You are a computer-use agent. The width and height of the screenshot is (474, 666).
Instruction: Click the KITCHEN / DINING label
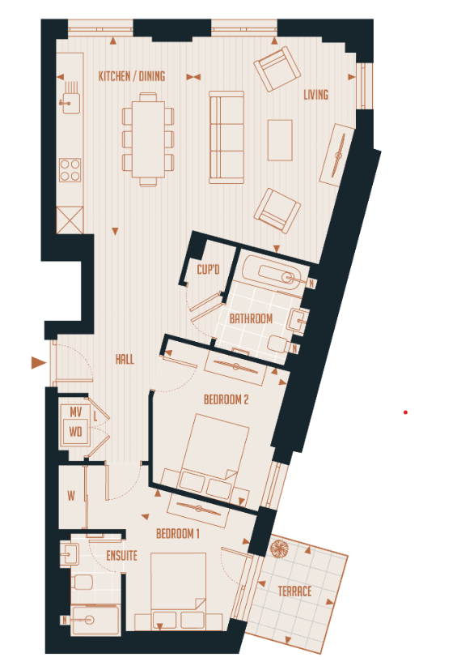click(x=131, y=76)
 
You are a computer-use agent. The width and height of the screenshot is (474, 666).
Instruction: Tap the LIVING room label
click(x=315, y=95)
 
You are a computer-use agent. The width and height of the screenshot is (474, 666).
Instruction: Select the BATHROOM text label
click(x=251, y=318)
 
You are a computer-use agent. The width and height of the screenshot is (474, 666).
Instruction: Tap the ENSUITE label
click(x=121, y=557)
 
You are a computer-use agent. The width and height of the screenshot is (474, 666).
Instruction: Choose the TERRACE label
click(x=294, y=591)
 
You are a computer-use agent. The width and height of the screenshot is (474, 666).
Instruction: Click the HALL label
click(x=125, y=360)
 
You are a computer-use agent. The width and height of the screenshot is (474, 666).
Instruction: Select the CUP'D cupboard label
click(x=209, y=270)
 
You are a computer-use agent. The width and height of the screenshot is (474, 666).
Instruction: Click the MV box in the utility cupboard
click(x=76, y=412)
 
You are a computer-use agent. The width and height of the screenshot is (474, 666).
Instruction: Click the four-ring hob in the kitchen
click(x=70, y=170)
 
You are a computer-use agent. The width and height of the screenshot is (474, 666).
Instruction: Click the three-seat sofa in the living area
click(x=227, y=136)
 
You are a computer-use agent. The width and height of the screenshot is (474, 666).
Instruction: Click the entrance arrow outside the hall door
click(x=37, y=363)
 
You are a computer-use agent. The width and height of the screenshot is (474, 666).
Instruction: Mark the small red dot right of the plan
click(x=405, y=412)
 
